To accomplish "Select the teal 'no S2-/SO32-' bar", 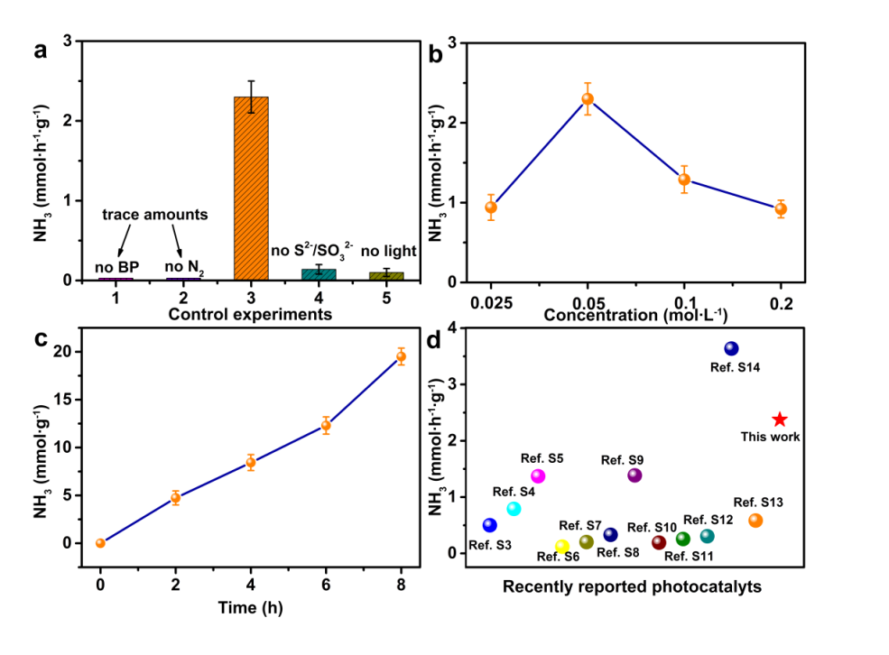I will (x=319, y=274).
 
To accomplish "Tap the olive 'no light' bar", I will (x=386, y=275).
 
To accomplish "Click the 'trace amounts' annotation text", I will (x=154, y=215).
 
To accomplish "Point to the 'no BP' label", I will (x=116, y=266).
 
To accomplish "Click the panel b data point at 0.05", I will (x=588, y=99).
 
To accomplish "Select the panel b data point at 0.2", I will (x=781, y=209).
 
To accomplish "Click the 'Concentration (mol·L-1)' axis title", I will (x=635, y=315).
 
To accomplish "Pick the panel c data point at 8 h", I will (x=402, y=356).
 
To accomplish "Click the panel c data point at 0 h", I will (x=100, y=543).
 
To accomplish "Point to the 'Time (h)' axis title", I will (x=250, y=607).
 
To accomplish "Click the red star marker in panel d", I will (x=780, y=420).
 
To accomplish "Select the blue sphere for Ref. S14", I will (x=731, y=348).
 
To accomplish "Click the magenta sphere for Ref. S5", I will (x=538, y=476).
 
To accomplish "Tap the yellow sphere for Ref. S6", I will (x=562, y=546).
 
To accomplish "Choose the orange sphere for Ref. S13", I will (x=755, y=521).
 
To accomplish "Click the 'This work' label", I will (x=771, y=437).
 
